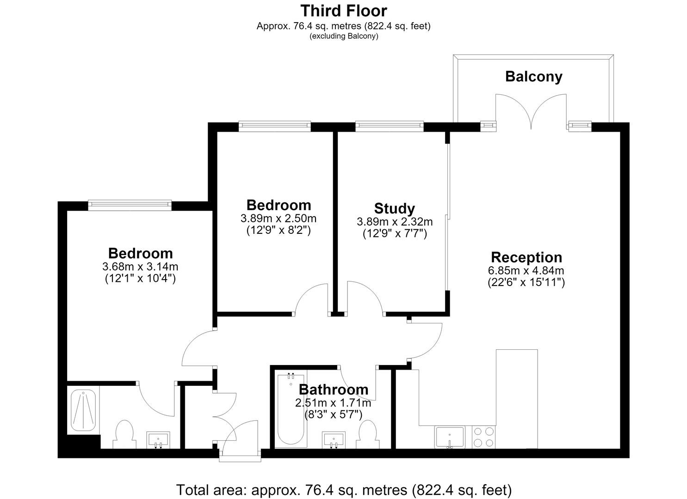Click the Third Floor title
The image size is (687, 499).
pyautogui.click(x=343, y=11)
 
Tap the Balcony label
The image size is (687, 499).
pyautogui.click(x=534, y=77)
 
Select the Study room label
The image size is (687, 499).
pyautogui.click(x=395, y=208)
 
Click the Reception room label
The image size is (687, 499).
pyautogui.click(x=526, y=257)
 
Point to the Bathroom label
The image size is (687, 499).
pyautogui.click(x=334, y=389)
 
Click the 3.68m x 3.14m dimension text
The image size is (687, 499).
pyautogui.click(x=140, y=267)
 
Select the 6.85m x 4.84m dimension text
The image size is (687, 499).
pyautogui.click(x=526, y=270)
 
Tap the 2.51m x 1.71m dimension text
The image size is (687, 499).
pyautogui.click(x=333, y=403)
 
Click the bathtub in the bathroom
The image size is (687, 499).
pyautogui.click(x=291, y=408)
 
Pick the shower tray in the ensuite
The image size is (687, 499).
pyautogui.click(x=83, y=410)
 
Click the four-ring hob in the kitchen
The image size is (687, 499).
pyautogui.click(x=484, y=437)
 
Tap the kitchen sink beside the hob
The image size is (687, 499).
pyautogui.click(x=450, y=437)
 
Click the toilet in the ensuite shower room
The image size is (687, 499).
pyautogui.click(x=124, y=434)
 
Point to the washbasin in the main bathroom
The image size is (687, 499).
pyautogui.click(x=334, y=440)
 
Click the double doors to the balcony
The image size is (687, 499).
pyautogui.click(x=531, y=111)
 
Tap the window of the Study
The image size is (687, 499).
pyautogui.click(x=390, y=126)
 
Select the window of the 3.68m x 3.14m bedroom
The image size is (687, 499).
pyautogui.click(x=130, y=205)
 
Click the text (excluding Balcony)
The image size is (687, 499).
pyautogui.click(x=344, y=36)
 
